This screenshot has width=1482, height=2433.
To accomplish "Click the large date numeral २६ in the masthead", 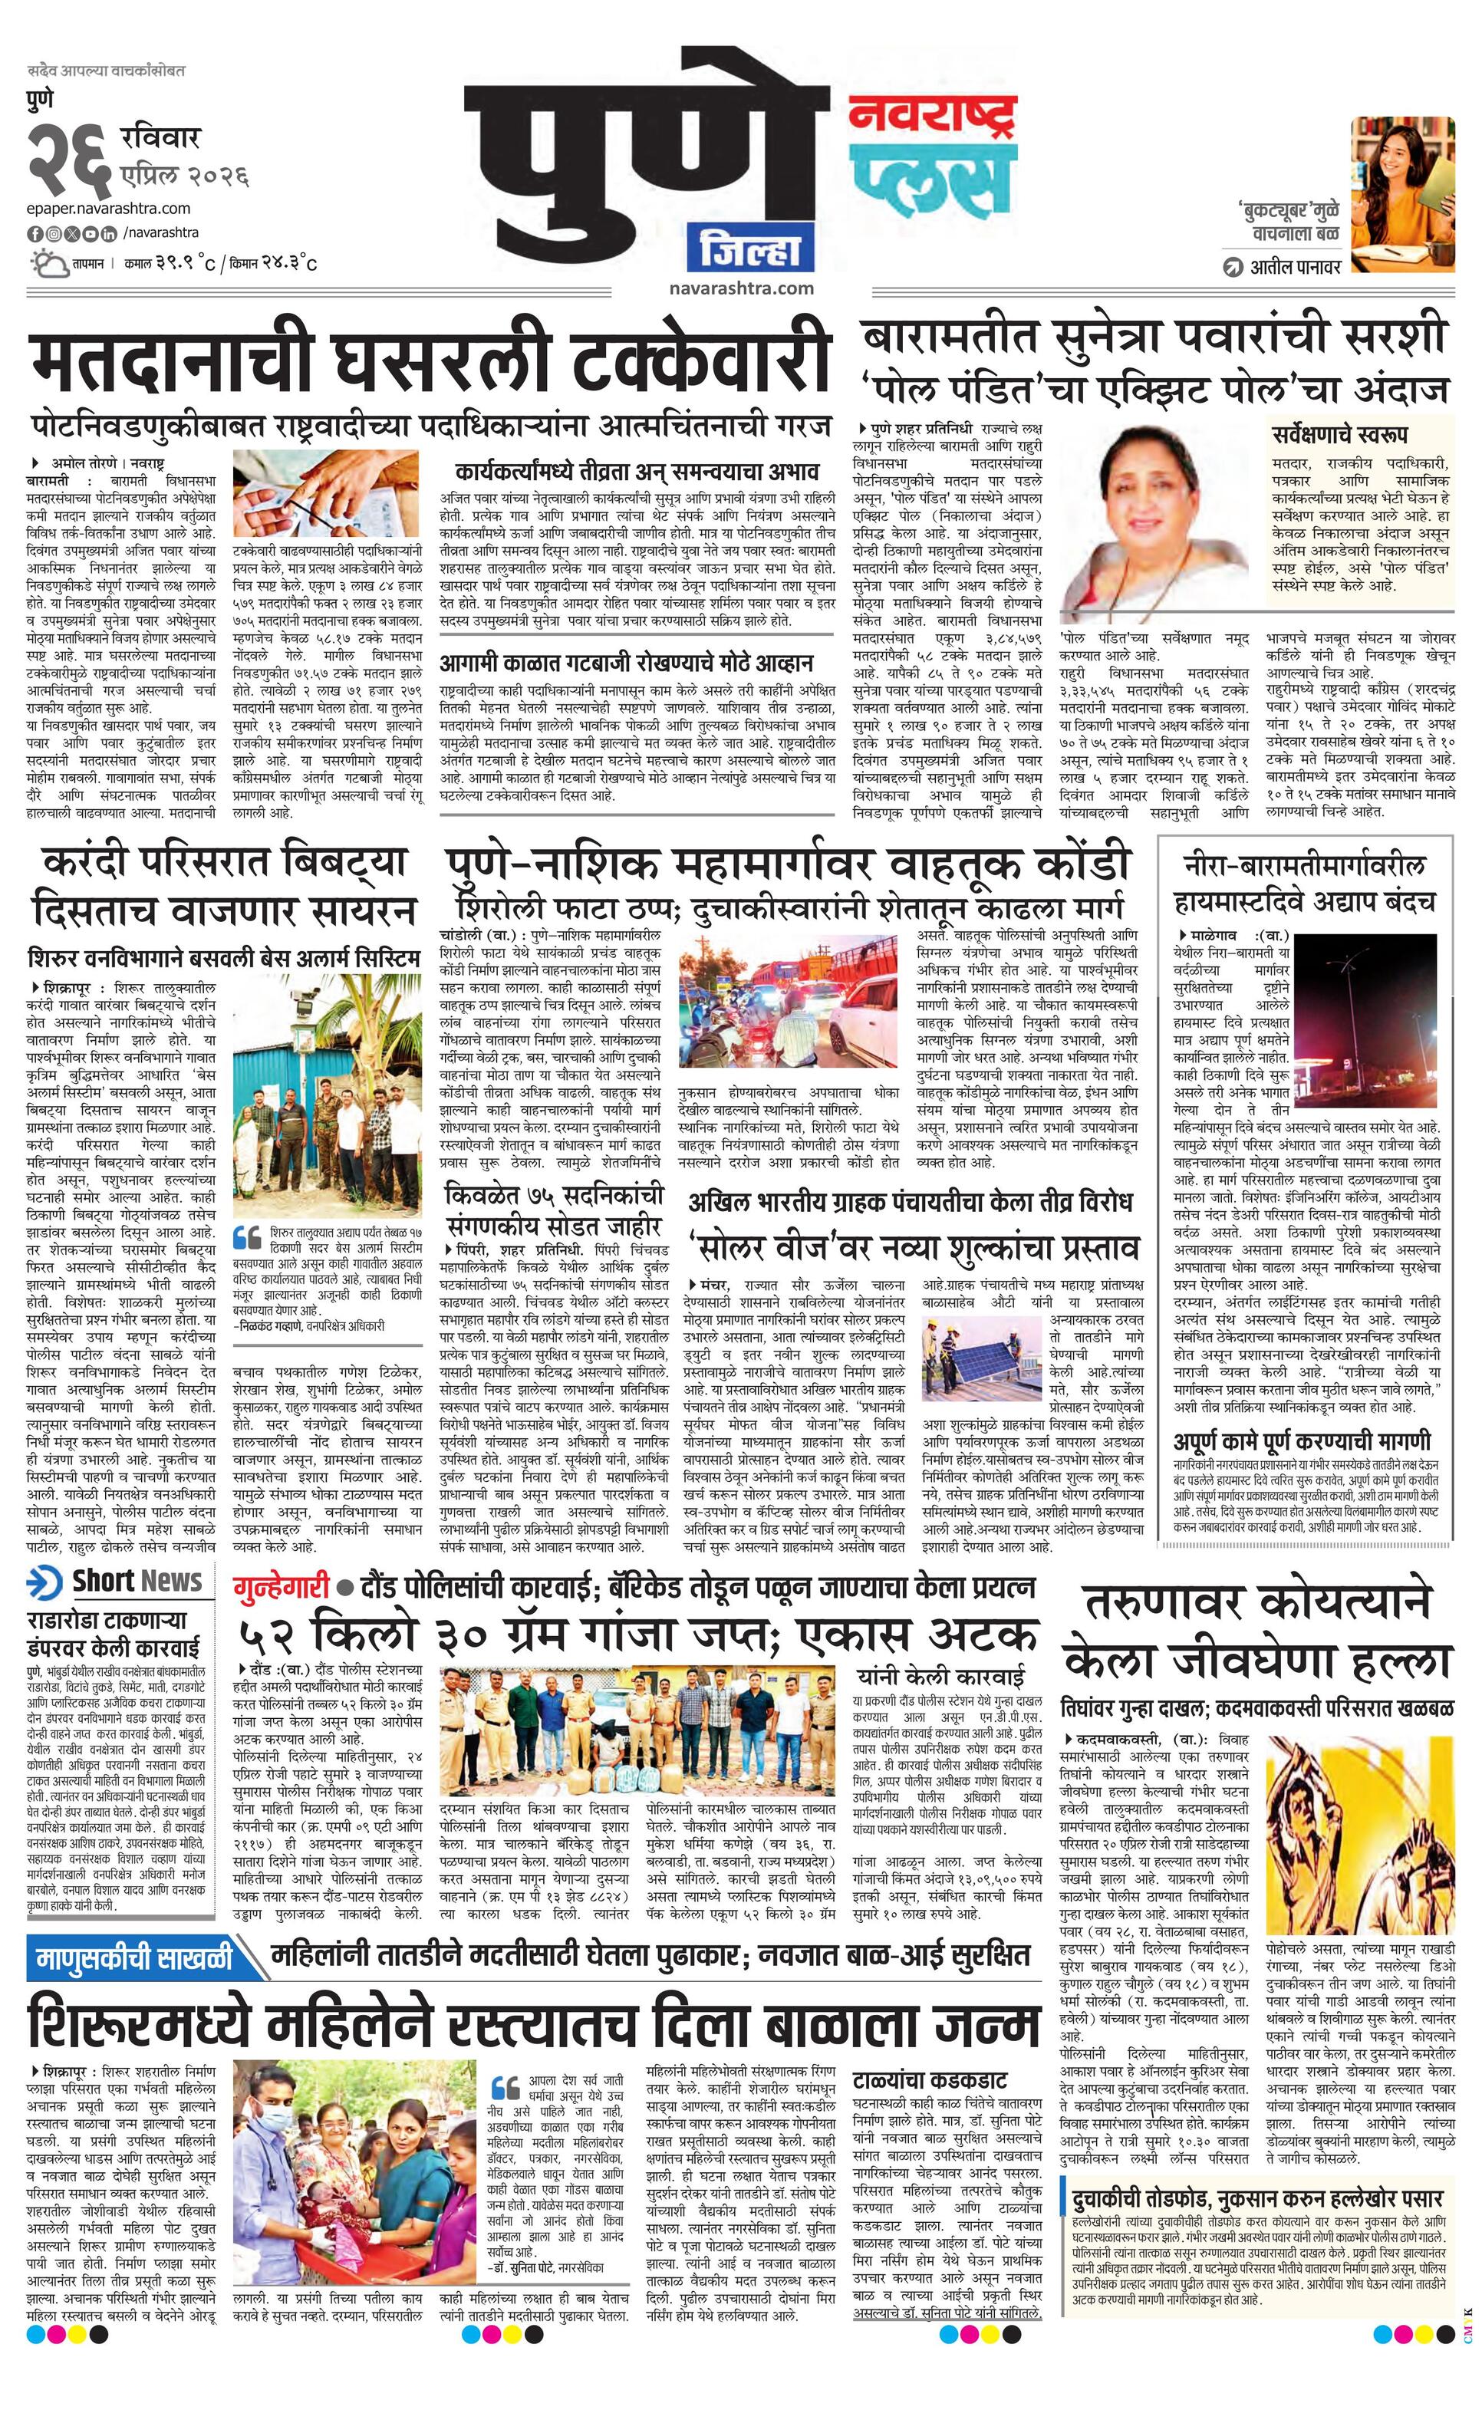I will coord(70,159).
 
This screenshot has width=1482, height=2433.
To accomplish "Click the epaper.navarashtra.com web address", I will coord(110,209).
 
